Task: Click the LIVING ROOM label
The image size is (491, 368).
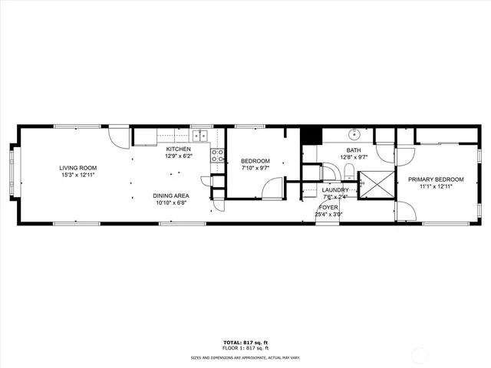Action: pos(78,167)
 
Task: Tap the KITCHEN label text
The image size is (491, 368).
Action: pos(178,149)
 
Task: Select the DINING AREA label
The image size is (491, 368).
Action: pos(170,196)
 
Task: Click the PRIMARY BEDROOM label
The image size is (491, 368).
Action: pos(435,179)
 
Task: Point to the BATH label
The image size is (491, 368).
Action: pos(353,150)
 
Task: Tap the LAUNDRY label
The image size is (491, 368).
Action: pos(335,189)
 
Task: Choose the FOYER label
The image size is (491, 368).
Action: pos(328,208)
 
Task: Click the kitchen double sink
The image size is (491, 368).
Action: pos(200,136)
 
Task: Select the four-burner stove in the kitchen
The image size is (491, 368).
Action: pos(217,157)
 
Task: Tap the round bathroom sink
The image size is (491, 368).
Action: pos(355,133)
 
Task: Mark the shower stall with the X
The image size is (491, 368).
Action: pos(377,185)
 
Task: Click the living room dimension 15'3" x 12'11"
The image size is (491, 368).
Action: pos(78,175)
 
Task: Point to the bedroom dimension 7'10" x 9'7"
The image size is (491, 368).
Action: pos(255,168)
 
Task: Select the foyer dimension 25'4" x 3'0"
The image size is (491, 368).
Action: pos(328,215)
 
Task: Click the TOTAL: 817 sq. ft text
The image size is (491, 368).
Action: pos(245,342)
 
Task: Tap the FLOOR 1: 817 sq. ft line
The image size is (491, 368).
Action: pos(245,348)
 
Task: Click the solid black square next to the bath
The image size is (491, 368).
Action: pos(310,135)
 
